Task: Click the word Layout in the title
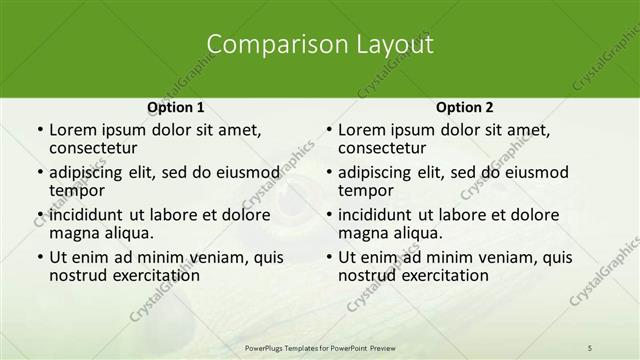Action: [394, 45]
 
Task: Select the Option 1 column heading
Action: [176, 107]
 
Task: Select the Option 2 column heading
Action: [465, 107]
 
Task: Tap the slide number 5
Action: [590, 347]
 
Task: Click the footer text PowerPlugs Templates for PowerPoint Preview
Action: [321, 347]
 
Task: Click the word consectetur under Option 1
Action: [96, 149]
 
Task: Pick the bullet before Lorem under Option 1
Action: [39, 130]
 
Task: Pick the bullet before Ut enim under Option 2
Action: [328, 257]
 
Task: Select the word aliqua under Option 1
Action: [127, 233]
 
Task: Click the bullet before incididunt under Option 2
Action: [328, 215]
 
